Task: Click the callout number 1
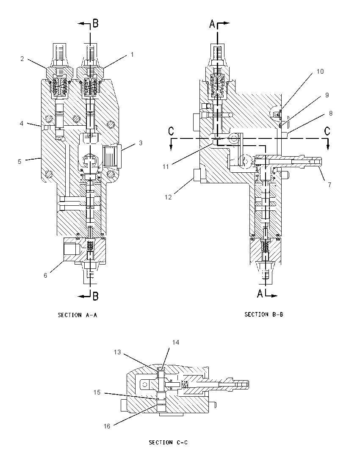coord(132,55)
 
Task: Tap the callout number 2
coord(22,59)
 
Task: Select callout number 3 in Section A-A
coord(141,143)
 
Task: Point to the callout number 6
coord(45,276)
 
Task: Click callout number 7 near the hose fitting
coord(330,185)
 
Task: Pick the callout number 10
coord(320,71)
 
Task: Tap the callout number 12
coord(168,197)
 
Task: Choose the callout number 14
coord(176,342)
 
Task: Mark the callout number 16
coord(107,426)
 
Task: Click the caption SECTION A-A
coord(78,315)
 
